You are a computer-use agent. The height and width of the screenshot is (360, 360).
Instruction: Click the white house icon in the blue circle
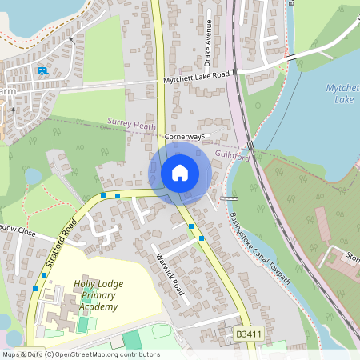point(180,172)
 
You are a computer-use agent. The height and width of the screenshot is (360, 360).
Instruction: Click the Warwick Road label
point(170,274)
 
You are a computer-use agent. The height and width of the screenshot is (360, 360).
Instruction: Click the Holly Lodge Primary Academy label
point(95,295)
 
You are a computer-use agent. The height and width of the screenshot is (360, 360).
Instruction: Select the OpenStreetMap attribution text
point(80,354)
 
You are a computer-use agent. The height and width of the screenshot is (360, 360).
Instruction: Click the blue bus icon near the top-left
point(42,70)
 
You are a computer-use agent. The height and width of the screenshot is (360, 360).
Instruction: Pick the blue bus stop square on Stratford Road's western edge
point(34,288)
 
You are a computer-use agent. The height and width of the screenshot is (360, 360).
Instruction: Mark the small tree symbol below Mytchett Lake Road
point(258,104)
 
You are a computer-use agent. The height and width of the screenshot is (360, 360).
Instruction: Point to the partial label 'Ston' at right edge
point(352,257)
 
